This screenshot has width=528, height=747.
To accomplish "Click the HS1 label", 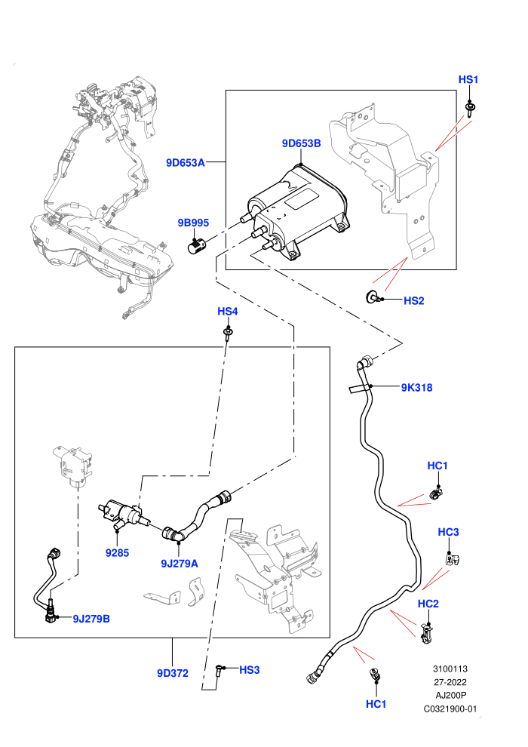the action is pos(468,79).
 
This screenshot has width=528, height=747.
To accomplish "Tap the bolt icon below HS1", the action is pos(471,109).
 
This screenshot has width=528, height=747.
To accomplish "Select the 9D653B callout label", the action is pos(302,143).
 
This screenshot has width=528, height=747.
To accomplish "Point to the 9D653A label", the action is pos(186,162).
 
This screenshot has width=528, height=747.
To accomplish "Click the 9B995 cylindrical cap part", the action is pos(197,246).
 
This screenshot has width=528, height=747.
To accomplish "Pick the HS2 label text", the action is pos(414,300).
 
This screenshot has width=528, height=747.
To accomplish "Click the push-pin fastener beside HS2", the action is pos(373,297).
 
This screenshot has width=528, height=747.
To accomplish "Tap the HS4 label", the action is pos(228,311).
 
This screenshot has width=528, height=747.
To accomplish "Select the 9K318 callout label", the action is pos(416,387).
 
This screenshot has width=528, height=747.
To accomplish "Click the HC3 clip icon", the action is pos(450,559).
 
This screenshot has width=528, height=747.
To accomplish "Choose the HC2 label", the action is pos(428,604).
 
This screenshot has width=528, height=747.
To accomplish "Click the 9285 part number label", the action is pos(117,552).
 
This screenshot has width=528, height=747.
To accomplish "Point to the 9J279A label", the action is pos(179,563).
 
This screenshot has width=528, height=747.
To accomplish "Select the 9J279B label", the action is pos(91,619).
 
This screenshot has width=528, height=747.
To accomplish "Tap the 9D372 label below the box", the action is pos(173,673).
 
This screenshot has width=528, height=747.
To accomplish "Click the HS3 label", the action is pos(250,670).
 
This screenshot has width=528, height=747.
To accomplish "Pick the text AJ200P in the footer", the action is pos(450,695).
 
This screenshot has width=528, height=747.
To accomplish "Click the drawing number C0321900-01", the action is pos(450,709).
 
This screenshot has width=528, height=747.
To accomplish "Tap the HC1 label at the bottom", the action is pos(376,704).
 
